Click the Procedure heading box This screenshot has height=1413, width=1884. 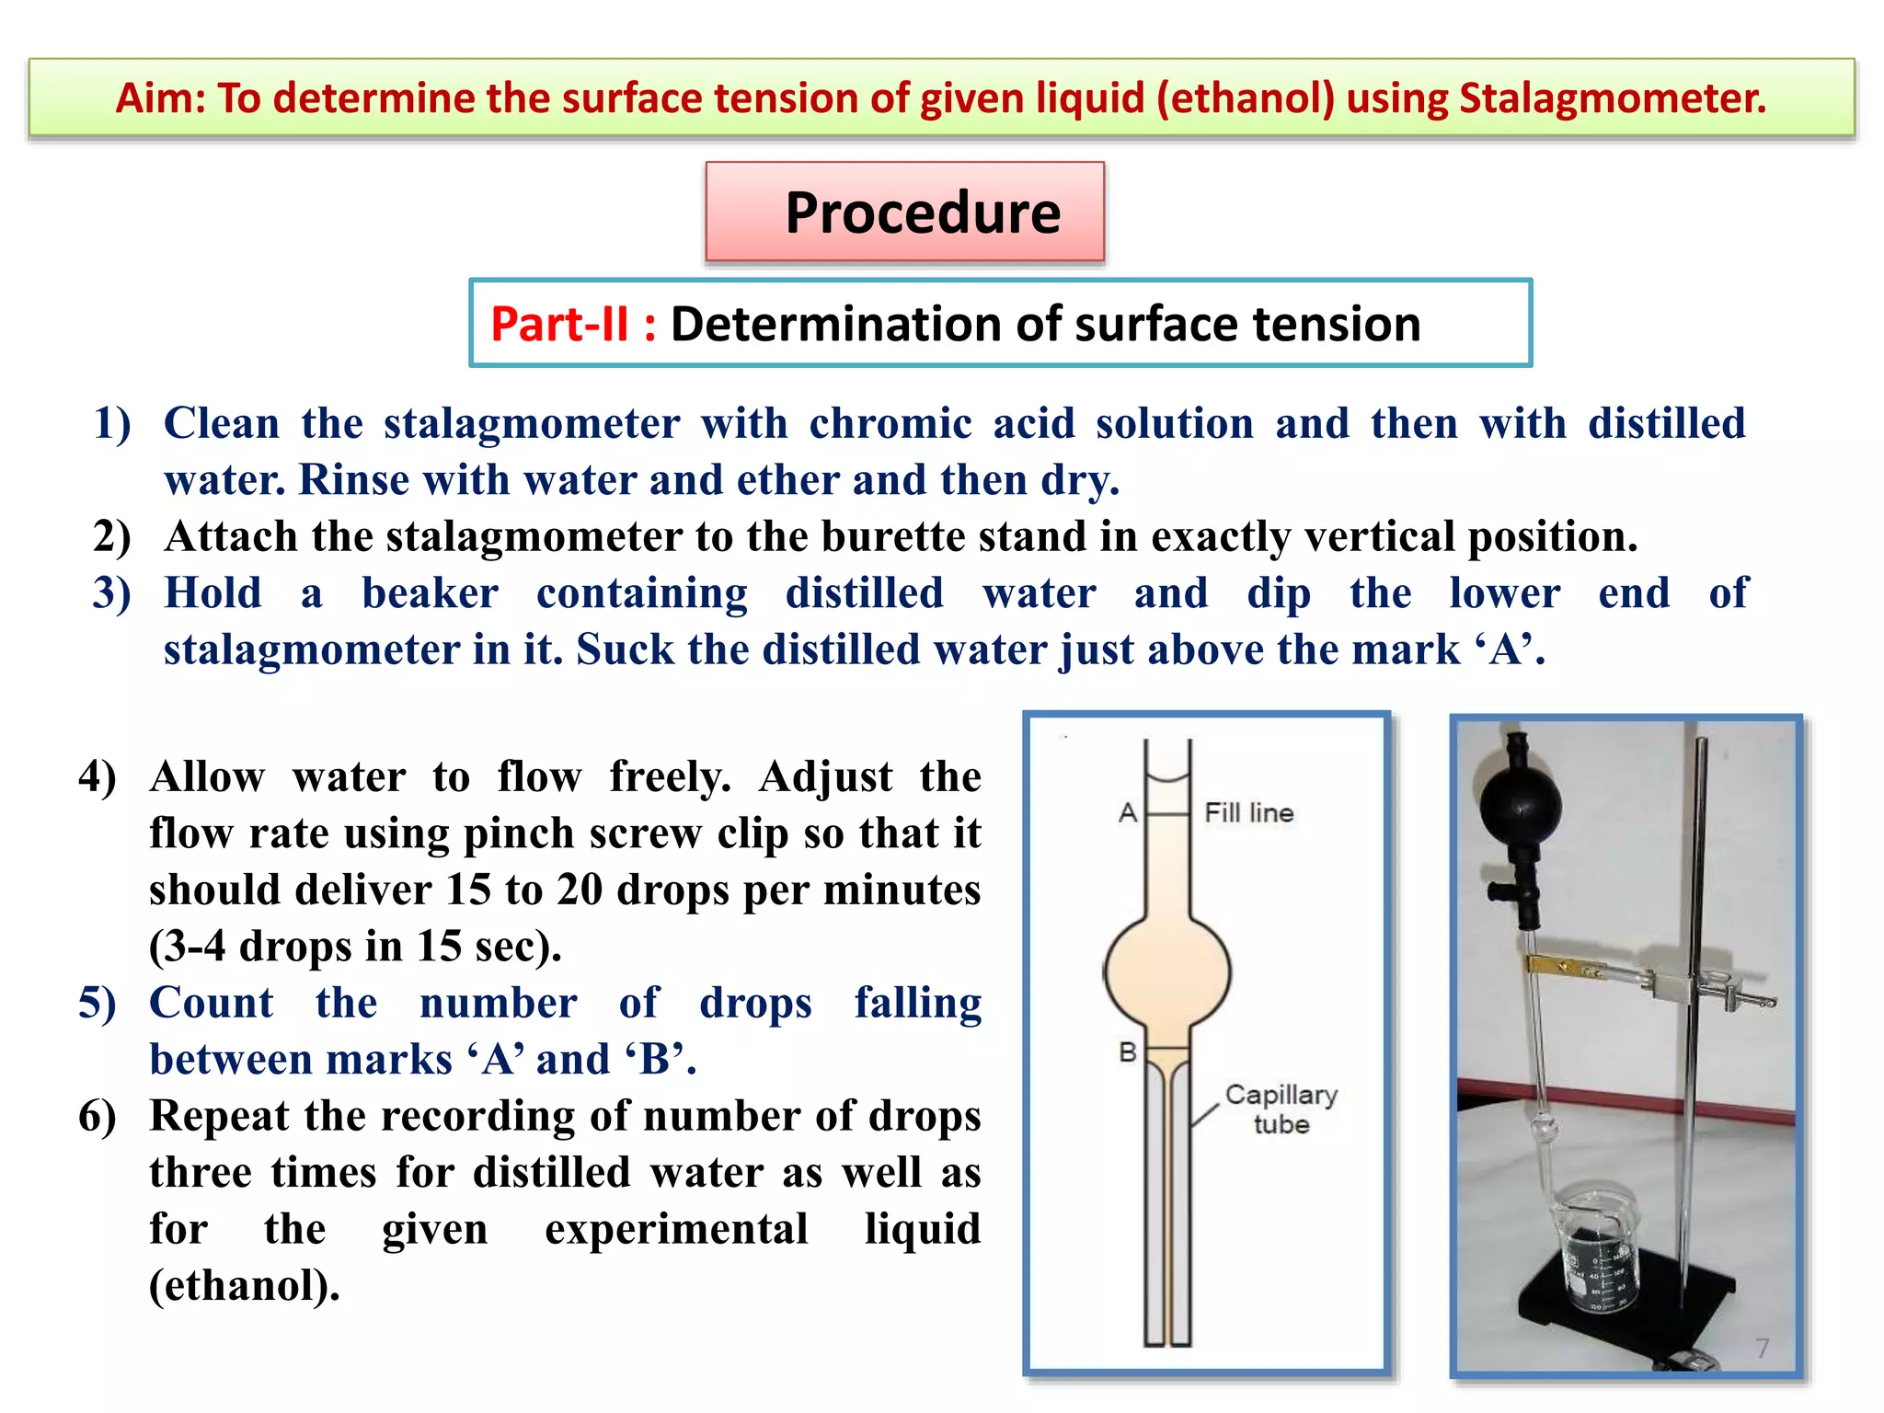(x=905, y=213)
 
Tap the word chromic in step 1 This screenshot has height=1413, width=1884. (x=890, y=423)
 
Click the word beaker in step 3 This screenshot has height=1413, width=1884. (x=430, y=593)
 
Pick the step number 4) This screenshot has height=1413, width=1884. (x=97, y=777)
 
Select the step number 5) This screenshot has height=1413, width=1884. (x=97, y=1003)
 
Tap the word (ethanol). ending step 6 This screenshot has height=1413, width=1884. (x=245, y=1285)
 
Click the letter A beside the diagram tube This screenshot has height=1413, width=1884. (x=1128, y=813)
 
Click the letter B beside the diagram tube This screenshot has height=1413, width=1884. (x=1128, y=1051)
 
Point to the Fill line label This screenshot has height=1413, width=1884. (x=1248, y=813)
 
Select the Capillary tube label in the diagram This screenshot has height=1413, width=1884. (x=1281, y=1109)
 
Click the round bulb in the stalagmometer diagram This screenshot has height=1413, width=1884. (x=1167, y=971)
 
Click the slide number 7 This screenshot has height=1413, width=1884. (x=1762, y=1348)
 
